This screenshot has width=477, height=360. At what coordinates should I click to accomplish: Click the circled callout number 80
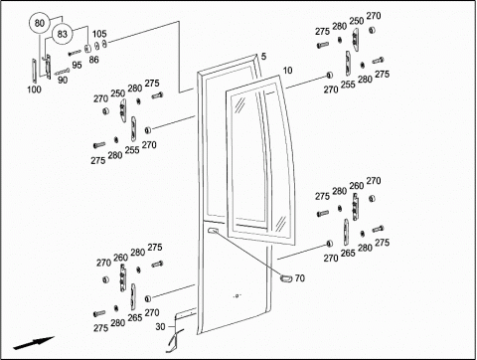tap(40, 23)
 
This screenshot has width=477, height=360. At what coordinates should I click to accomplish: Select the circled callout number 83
tap(62, 34)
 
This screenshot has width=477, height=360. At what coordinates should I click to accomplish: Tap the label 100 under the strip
tap(34, 90)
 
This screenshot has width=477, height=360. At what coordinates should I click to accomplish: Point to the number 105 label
tap(99, 34)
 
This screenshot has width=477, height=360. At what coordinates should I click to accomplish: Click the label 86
tap(93, 60)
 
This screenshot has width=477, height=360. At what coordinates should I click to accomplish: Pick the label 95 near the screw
tap(77, 65)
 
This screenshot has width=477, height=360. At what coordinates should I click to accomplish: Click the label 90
tap(63, 80)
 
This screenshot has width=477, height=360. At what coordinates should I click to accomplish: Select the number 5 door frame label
tap(263, 57)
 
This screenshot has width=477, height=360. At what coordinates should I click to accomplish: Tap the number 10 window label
tap(287, 71)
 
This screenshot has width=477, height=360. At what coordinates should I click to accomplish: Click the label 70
tap(299, 278)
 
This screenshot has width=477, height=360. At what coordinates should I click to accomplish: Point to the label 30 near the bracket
tap(160, 327)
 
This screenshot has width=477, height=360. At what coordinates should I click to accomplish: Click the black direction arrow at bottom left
tap(33, 343)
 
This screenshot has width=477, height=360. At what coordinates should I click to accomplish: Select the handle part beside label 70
tap(285, 278)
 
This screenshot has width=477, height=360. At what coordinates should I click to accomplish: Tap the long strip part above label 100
tap(34, 70)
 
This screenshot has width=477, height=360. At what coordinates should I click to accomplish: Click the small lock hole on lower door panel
tap(237, 295)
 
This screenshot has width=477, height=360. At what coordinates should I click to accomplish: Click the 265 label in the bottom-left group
tap(135, 317)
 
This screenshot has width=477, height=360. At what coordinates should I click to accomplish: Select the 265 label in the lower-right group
tap(348, 253)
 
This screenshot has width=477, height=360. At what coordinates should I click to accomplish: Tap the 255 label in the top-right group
tap(348, 85)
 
